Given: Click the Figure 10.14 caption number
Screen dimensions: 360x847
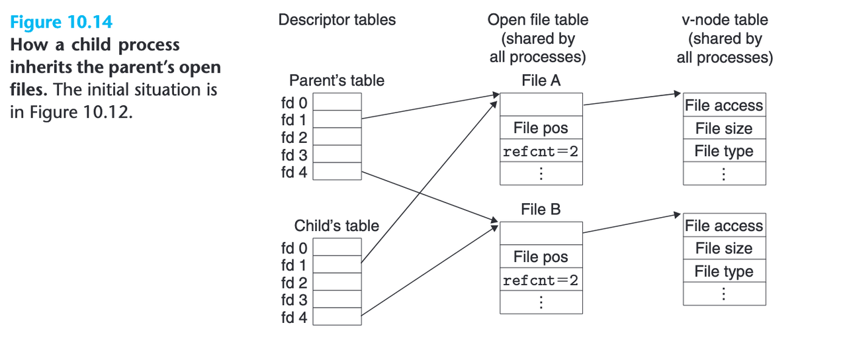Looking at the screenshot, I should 61,22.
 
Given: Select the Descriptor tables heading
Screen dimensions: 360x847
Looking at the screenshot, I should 337,20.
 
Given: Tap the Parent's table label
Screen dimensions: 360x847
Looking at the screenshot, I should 337,81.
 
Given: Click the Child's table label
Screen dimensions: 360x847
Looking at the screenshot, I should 337,226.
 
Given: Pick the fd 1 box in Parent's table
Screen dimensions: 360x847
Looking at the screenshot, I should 337,119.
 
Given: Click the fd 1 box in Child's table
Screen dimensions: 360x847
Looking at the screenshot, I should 337,265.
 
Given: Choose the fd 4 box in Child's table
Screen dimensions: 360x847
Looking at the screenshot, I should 337,317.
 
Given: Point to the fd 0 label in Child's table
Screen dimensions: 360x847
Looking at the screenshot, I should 294,248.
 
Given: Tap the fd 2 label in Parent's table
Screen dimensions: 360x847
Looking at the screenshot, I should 294,138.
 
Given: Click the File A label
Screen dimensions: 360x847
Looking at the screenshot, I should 541,81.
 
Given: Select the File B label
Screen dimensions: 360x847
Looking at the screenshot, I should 541,210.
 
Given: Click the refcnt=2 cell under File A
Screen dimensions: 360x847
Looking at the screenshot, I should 541,152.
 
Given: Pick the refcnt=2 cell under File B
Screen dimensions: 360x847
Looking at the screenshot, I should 541,280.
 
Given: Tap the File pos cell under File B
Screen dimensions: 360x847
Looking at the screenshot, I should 541,257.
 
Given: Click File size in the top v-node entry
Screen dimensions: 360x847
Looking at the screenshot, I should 724,128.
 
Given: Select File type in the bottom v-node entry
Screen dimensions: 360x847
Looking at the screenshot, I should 724,271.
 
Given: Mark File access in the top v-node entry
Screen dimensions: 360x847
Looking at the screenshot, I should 724,105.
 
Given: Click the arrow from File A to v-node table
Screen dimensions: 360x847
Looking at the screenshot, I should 632,99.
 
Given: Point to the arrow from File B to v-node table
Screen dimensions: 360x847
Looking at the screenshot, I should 632,224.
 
